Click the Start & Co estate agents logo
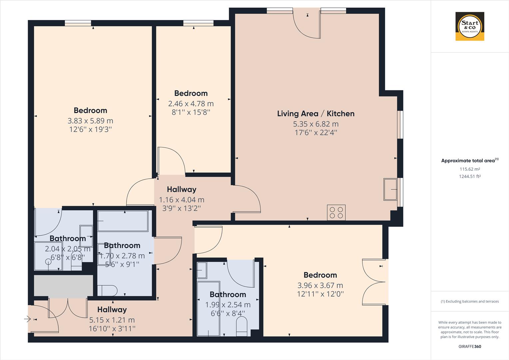470,26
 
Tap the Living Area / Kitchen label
315,114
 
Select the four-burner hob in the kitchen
336,213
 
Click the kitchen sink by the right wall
390,189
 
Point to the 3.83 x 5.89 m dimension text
90,121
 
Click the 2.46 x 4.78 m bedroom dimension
191,104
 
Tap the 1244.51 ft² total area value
470,177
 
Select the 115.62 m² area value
470,169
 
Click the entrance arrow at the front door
27,319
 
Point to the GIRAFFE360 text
470,346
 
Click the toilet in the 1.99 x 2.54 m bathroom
242,326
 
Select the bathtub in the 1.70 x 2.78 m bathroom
123,221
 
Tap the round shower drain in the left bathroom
49,262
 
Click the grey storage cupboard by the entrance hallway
64,286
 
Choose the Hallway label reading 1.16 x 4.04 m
181,189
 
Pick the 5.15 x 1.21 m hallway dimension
112,320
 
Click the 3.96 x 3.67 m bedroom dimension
320,285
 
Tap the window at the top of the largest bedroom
78,23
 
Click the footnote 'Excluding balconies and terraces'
470,301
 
